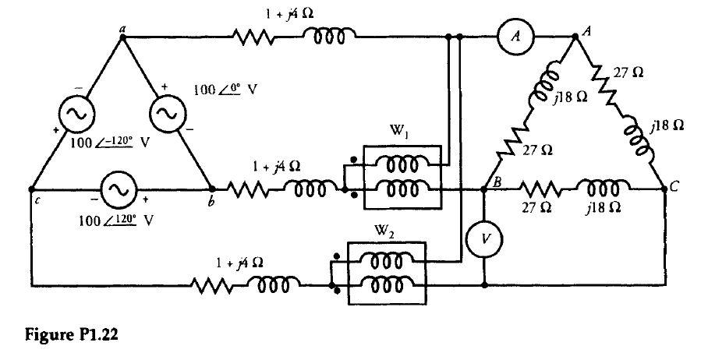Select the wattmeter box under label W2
click(x=388, y=274)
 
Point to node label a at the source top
click(x=122, y=27)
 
